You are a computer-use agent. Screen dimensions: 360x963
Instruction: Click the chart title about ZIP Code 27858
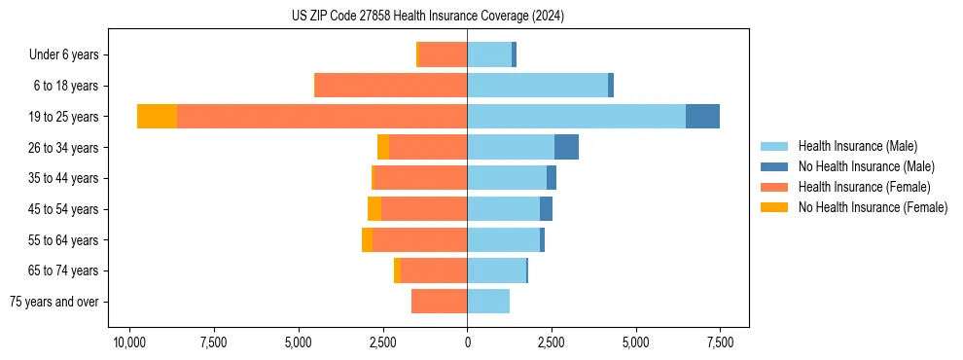pyautogui.click(x=428, y=17)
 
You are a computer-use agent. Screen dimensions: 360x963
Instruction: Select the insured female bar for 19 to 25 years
pyautogui.click(x=322, y=117)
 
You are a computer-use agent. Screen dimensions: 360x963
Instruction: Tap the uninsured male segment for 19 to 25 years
pyautogui.click(x=702, y=117)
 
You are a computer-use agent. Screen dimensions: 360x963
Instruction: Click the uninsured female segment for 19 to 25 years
pyautogui.click(x=157, y=117)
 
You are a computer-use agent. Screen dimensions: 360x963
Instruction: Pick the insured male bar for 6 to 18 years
pyautogui.click(x=537, y=86)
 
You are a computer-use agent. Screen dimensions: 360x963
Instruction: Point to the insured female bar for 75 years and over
pyautogui.click(x=439, y=302)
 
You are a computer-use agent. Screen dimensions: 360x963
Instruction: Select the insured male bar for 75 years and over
pyautogui.click(x=488, y=302)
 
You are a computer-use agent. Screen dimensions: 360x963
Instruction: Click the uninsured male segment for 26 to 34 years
pyautogui.click(x=566, y=147)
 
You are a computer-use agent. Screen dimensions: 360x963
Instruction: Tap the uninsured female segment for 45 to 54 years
pyautogui.click(x=374, y=209)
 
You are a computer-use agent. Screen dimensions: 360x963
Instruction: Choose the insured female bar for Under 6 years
pyautogui.click(x=444, y=54)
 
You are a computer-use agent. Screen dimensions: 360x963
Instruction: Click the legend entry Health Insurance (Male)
pyautogui.click(x=857, y=146)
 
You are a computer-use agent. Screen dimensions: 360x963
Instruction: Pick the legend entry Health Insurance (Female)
pyautogui.click(x=864, y=187)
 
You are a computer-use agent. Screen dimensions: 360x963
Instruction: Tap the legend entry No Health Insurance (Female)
pyautogui.click(x=873, y=207)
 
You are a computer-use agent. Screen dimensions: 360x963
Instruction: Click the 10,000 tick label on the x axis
pyautogui.click(x=129, y=342)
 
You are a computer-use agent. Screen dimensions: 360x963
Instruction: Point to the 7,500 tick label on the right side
pyautogui.click(x=720, y=342)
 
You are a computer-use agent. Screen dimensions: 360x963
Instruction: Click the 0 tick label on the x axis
pyautogui.click(x=467, y=342)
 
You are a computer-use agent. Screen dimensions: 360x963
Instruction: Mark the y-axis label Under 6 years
pyautogui.click(x=69, y=54)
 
